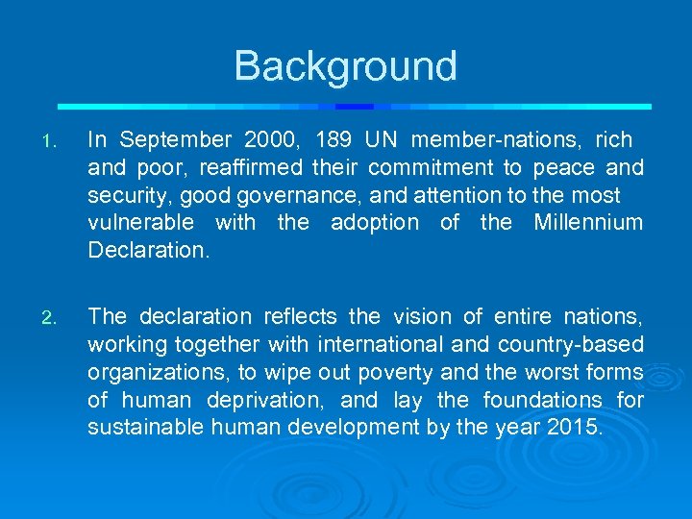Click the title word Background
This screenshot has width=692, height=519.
tap(345, 66)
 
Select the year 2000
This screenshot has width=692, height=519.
tap(275, 140)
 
